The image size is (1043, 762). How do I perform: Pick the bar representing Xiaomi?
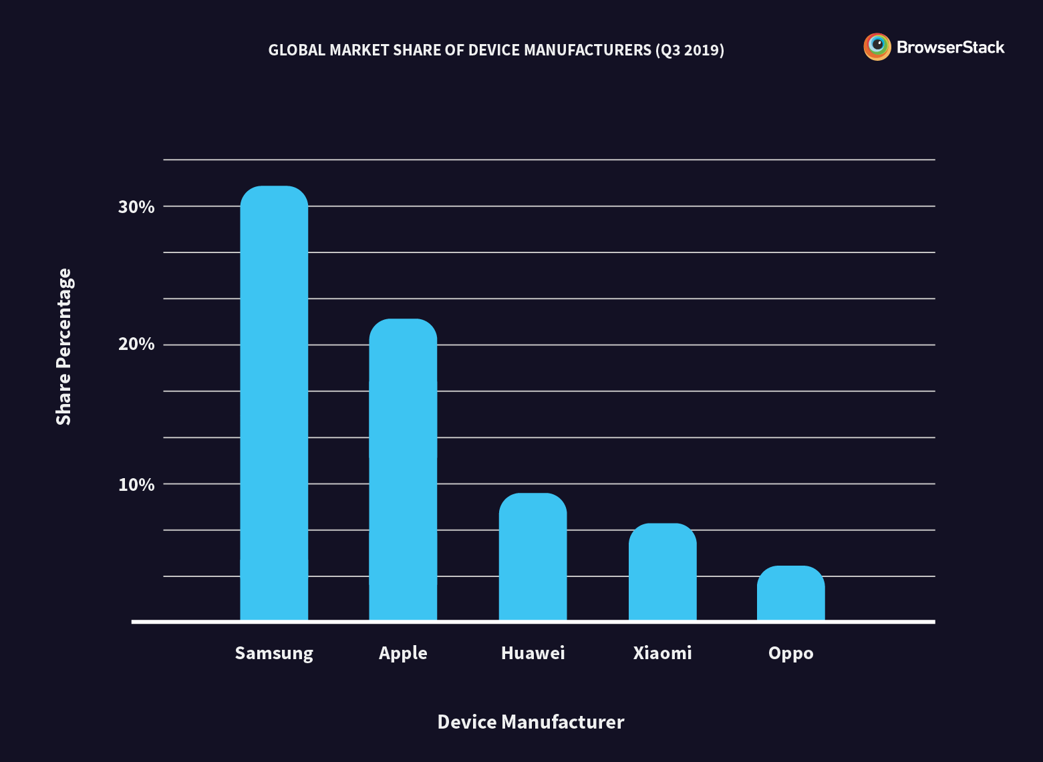662,572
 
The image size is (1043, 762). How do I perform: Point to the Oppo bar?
790,593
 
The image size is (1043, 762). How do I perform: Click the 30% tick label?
136,207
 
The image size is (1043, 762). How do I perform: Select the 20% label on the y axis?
136,345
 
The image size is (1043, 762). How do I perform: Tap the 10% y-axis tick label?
136,485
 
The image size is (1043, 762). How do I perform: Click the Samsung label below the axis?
274,653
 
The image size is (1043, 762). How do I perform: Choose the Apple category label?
403,653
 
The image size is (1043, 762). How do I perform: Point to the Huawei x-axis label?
533,652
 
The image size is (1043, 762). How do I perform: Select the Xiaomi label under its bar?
662,652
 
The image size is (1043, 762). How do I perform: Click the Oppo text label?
790,653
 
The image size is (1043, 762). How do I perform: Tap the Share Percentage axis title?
63,347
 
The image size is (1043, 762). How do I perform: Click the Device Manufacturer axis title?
531,722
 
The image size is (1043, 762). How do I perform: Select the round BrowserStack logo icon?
877,47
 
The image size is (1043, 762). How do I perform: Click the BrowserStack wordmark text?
950,47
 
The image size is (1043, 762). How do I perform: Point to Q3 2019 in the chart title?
690,50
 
